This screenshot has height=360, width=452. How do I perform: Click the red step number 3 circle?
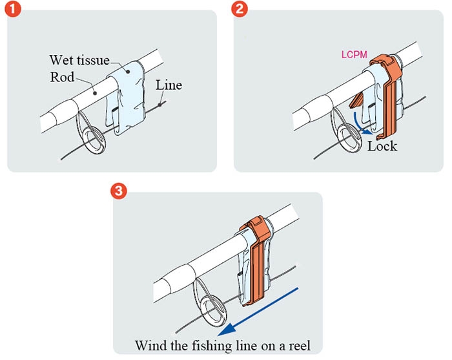(x=119, y=191)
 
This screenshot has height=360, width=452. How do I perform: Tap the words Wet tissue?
(x=79, y=60)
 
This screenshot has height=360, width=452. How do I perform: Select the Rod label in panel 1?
(x=62, y=77)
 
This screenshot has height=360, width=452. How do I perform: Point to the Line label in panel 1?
(x=169, y=85)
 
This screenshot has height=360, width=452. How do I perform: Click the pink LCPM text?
(x=354, y=54)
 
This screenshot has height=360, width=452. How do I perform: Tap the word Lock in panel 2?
(x=382, y=146)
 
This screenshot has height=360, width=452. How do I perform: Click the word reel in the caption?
(x=299, y=345)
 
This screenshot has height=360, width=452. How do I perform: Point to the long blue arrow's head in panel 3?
(x=226, y=330)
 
